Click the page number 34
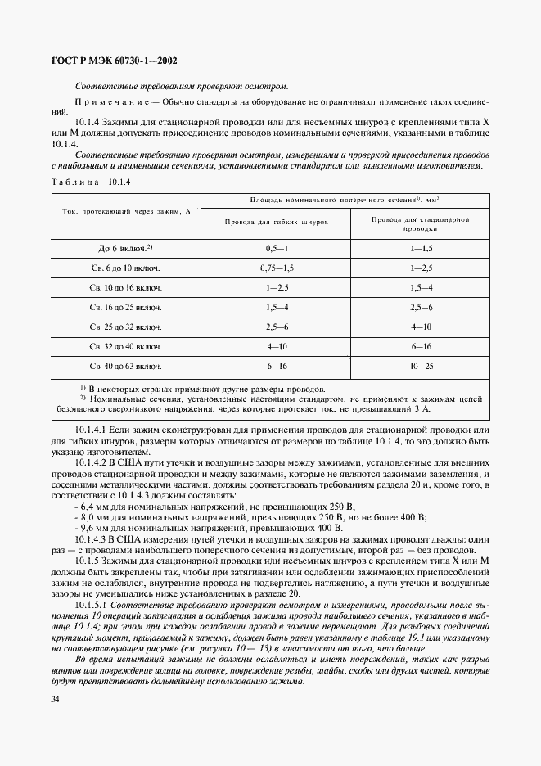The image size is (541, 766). (x=55, y=699)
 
